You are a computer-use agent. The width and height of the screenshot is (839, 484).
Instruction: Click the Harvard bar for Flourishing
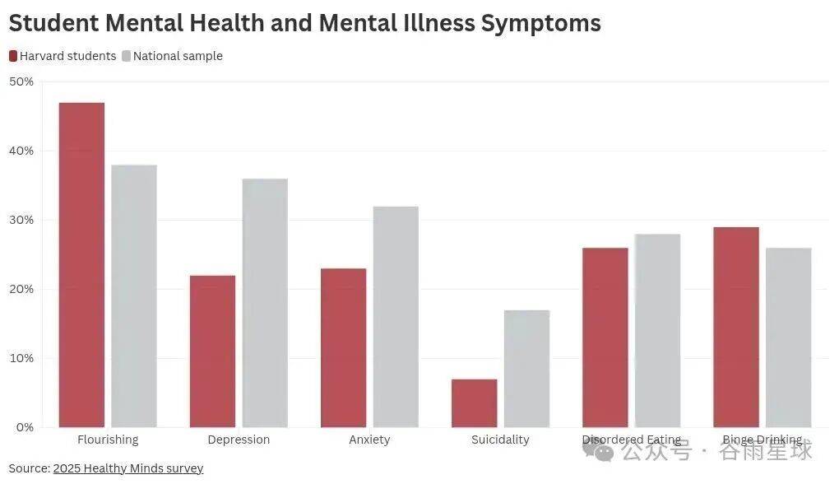[81, 264]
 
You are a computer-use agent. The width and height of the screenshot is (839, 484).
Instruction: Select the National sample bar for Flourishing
[134, 296]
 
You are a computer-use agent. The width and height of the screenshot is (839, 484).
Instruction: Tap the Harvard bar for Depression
[212, 351]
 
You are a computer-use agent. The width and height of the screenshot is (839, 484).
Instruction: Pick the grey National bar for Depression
[265, 302]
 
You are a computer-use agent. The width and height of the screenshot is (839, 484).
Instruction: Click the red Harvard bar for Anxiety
[343, 347]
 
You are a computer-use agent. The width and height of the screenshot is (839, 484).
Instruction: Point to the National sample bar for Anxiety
[396, 316]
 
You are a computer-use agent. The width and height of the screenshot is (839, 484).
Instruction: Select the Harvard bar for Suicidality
[474, 403]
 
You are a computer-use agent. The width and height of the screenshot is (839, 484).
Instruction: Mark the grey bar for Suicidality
[526, 368]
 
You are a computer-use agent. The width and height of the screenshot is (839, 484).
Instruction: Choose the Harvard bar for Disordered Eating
[605, 337]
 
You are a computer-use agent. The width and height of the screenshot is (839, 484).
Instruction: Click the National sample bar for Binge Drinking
[788, 337]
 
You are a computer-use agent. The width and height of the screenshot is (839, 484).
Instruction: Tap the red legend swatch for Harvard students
[13, 56]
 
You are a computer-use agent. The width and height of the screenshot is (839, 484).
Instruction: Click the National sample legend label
[178, 56]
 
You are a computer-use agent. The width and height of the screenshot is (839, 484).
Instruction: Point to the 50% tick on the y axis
[21, 81]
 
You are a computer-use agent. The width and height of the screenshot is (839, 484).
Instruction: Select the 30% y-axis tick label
[21, 220]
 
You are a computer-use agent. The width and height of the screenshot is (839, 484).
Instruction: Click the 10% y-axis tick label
[21, 358]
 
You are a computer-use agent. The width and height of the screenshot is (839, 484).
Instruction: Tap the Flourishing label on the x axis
[108, 440]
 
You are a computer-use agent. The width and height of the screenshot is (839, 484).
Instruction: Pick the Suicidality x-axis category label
[500, 440]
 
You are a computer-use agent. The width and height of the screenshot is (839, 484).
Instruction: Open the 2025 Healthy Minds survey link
[128, 468]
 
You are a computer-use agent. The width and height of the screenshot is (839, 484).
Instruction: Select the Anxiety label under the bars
[369, 440]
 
